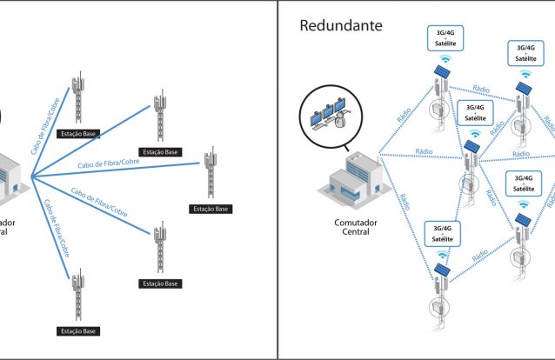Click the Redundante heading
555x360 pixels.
[x=341, y=25]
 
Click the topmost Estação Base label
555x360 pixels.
[x=77, y=134]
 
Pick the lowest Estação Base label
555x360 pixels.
[x=77, y=331]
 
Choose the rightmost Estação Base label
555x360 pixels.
[x=210, y=209]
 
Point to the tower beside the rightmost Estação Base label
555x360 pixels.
[x=210, y=175]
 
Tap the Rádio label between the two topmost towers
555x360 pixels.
[x=480, y=89]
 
